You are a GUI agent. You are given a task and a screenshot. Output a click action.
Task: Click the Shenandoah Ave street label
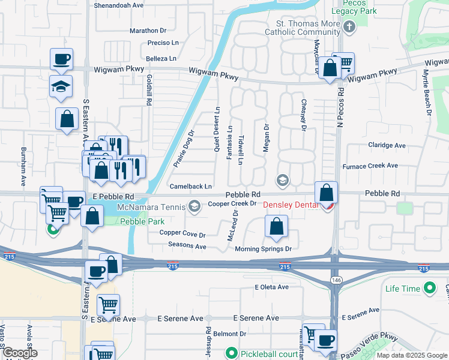click(x=119, y=5)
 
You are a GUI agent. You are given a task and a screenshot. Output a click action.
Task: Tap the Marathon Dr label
click(x=147, y=31)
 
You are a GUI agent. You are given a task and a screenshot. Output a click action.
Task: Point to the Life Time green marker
click(x=429, y=289)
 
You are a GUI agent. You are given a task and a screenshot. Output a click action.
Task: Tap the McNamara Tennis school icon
click(x=194, y=206)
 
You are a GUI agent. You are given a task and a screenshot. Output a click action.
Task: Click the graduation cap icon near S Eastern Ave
click(x=61, y=88)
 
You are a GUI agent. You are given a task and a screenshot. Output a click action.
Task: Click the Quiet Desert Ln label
click(x=217, y=129)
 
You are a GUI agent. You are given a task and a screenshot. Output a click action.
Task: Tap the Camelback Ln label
click(x=191, y=187)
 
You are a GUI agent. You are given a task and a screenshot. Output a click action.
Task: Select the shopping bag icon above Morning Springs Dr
click(x=276, y=227)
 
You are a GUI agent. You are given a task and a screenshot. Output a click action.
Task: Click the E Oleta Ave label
click(x=271, y=287)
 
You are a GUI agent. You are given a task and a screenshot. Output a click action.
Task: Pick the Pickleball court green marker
click(x=231, y=353)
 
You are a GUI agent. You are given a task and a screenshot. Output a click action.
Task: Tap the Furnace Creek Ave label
click(x=370, y=166)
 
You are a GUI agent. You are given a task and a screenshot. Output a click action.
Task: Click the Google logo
click(x=20, y=353)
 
